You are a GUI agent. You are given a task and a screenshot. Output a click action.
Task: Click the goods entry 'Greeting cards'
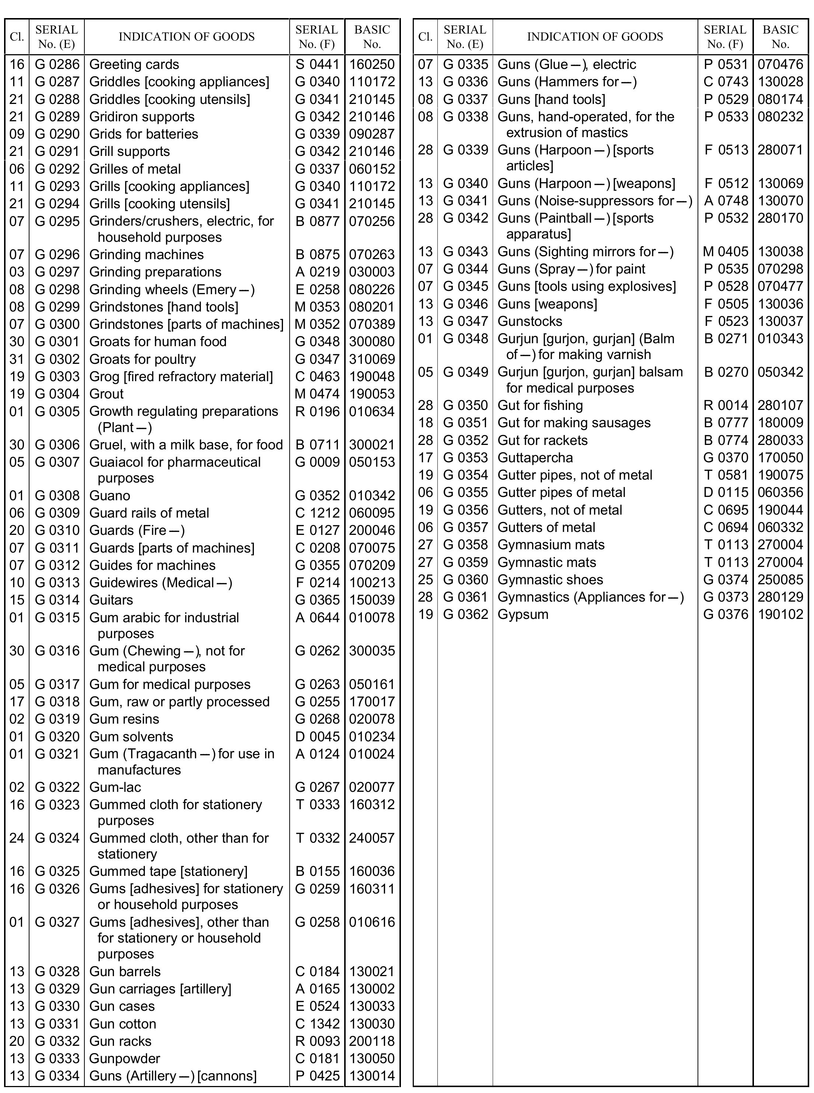[134, 65]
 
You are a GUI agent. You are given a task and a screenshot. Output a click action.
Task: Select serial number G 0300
[57, 324]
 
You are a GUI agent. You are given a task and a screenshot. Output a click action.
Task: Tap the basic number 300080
[372, 341]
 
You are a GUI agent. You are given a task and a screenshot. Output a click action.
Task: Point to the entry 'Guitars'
[111, 600]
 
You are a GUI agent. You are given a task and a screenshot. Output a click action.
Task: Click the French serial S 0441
[317, 65]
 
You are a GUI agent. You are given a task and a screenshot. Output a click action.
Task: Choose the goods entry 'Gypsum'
[523, 615]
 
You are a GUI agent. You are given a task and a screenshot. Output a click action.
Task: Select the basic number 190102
[780, 615]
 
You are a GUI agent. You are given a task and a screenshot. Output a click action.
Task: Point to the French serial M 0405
[725, 251]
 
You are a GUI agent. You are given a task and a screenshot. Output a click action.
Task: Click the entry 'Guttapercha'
[535, 458]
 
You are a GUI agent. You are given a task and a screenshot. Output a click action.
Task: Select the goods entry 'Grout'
[106, 394]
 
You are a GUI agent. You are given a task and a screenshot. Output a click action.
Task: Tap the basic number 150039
[372, 600]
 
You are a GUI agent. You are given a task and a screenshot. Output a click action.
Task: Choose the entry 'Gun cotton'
[123, 1024]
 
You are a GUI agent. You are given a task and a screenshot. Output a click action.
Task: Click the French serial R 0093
[317, 1041]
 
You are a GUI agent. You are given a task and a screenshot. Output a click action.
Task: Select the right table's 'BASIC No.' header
[780, 37]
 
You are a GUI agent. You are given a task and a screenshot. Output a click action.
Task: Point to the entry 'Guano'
[110, 496]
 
